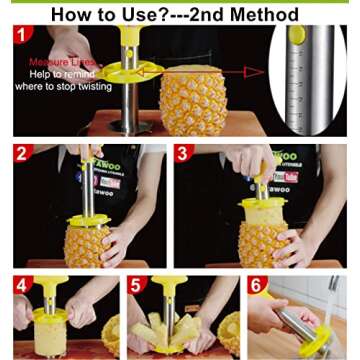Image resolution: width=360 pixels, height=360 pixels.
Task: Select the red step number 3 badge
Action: point(183,155)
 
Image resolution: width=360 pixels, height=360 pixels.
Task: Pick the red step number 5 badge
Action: point(136,285)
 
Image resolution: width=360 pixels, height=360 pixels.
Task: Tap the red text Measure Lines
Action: point(56,62)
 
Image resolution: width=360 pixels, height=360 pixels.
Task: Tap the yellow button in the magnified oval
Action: point(297,35)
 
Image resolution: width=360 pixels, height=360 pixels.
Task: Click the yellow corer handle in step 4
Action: point(50,300)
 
